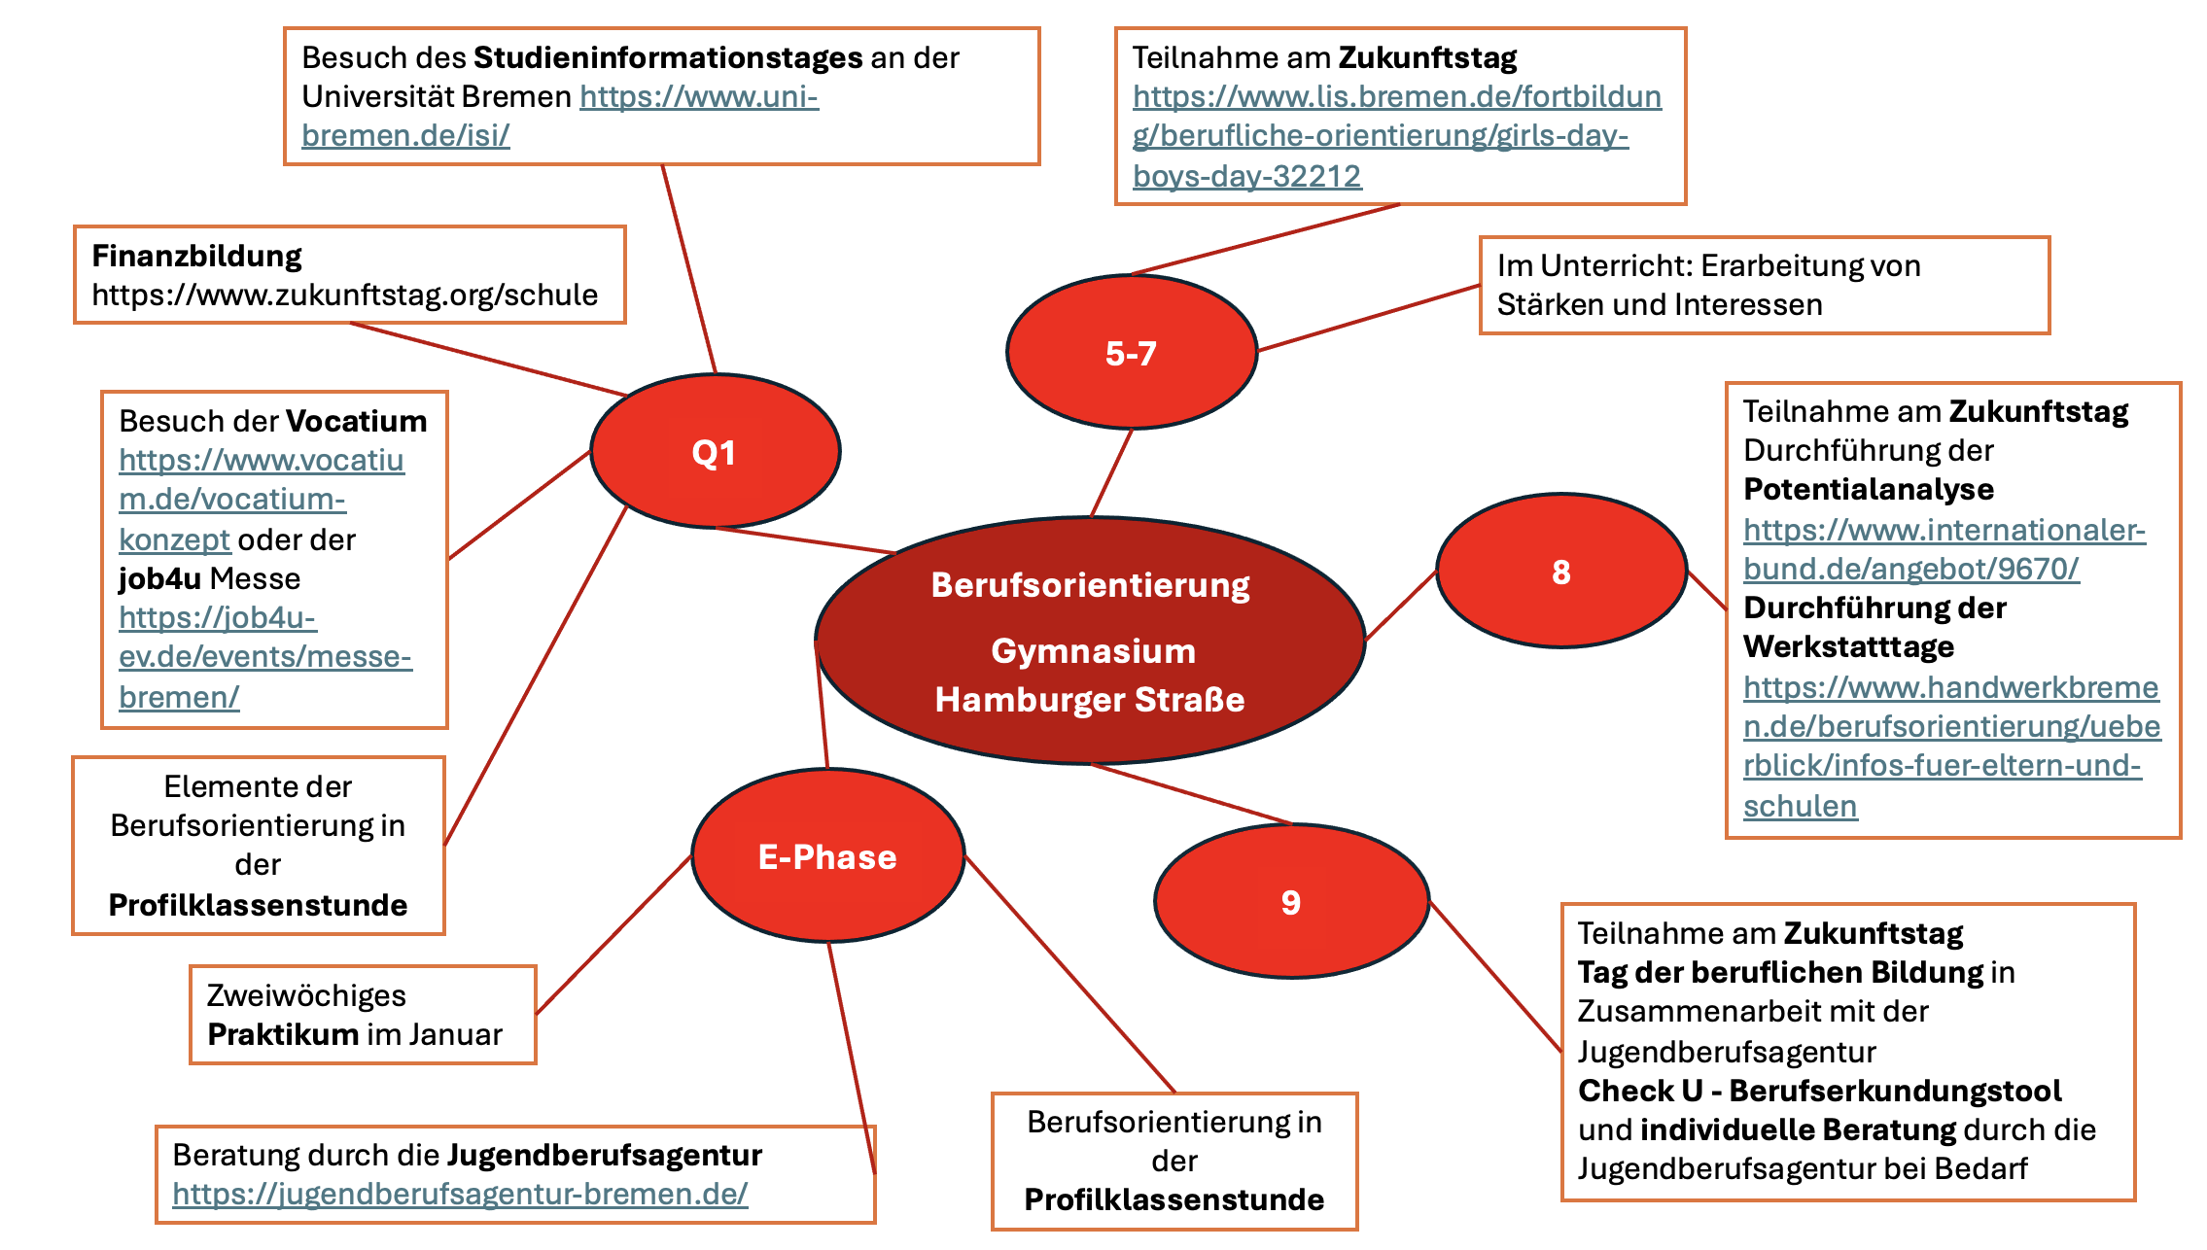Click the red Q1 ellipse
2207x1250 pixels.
click(715, 452)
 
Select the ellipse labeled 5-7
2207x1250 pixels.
click(1131, 353)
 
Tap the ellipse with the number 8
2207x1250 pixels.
click(1560, 572)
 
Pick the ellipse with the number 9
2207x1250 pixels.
click(1290, 902)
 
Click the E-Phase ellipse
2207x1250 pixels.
click(827, 856)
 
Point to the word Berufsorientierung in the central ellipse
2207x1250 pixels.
click(1090, 585)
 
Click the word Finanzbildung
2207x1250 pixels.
click(196, 256)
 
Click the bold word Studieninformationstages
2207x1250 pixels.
click(667, 57)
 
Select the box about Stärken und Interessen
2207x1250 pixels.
click(1764, 285)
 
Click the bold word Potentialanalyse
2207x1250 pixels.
click(1868, 489)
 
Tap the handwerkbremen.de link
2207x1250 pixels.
click(1950, 726)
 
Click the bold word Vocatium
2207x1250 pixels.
click(356, 421)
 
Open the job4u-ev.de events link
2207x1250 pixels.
click(264, 657)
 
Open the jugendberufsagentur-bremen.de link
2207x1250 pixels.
click(460, 1194)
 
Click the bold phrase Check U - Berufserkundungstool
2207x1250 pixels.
click(1819, 1091)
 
